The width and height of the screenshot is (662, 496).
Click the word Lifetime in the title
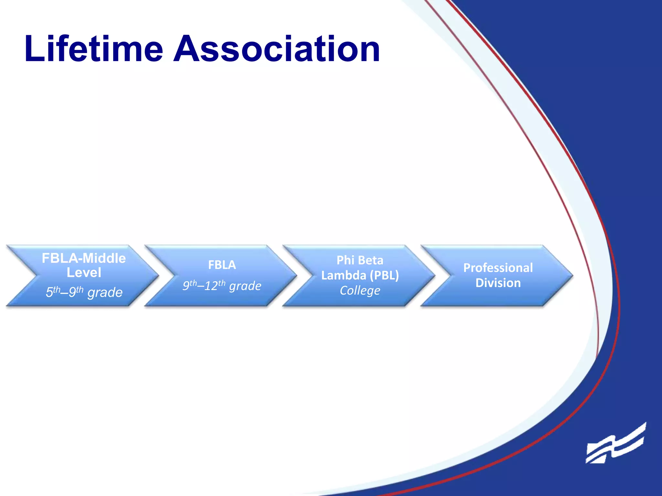click(94, 49)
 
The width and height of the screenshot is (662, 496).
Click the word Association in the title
click(277, 49)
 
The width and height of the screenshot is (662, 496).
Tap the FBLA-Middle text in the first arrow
click(84, 258)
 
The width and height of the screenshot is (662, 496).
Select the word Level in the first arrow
click(84, 273)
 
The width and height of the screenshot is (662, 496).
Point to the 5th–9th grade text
click(84, 292)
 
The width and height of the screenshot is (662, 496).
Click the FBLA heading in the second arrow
click(222, 265)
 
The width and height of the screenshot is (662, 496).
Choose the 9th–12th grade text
click(222, 285)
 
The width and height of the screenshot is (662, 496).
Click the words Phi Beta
click(360, 260)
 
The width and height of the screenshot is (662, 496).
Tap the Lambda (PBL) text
click(360, 275)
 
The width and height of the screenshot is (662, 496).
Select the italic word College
click(360, 290)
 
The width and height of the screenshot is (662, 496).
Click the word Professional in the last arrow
click(498, 268)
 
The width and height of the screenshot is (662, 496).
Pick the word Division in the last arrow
click(498, 283)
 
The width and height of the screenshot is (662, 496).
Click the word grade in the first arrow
click(105, 293)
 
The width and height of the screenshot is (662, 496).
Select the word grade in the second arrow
click(245, 286)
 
